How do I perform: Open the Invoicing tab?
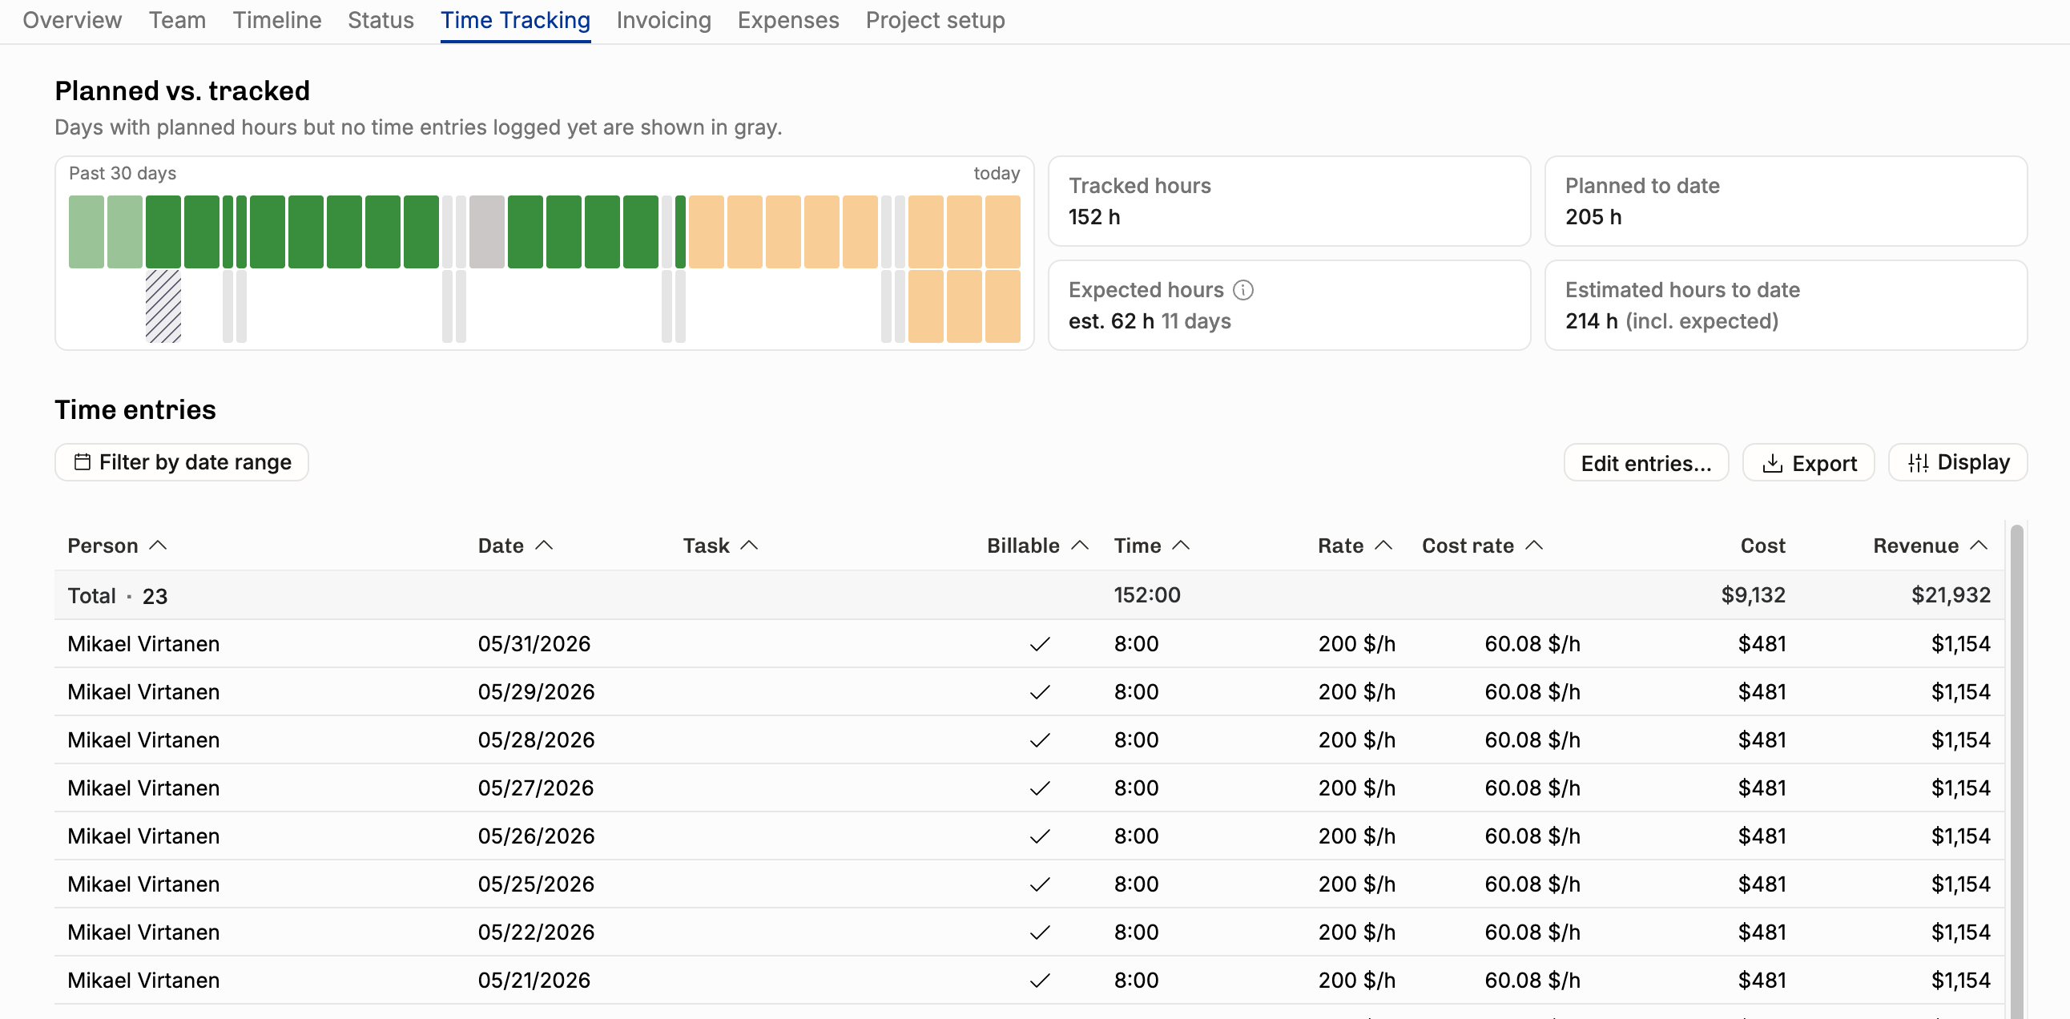[x=664, y=20]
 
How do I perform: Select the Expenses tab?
[x=788, y=20]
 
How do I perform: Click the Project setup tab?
[x=936, y=20]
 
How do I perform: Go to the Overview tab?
[x=72, y=20]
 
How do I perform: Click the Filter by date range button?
[x=182, y=462]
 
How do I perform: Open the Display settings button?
[x=1958, y=462]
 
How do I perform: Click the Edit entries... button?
[x=1645, y=462]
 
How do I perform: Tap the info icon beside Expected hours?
[x=1243, y=289]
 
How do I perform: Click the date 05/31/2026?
[x=534, y=644]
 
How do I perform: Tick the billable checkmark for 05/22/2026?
[x=1040, y=932]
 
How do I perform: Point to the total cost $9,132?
[x=1753, y=594]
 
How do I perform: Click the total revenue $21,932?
[x=1951, y=594]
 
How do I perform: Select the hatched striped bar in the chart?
[x=163, y=306]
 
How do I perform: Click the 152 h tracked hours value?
[x=1093, y=217]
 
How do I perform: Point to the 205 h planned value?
[x=1593, y=217]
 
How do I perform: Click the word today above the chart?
[x=997, y=174]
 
